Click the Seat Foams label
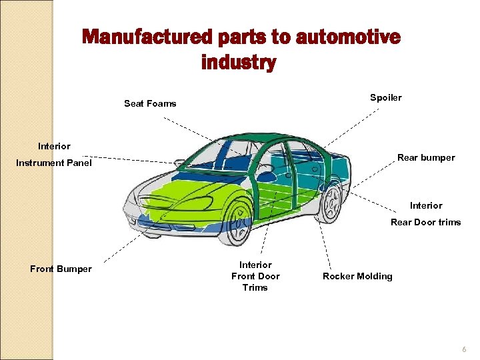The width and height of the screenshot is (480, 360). pyautogui.click(x=150, y=103)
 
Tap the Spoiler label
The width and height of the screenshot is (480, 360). pyautogui.click(x=386, y=98)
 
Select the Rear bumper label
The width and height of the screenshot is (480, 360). pyautogui.click(x=426, y=158)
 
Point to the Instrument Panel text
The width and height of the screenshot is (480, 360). pyautogui.click(x=54, y=163)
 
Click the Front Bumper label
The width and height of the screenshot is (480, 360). pyautogui.click(x=61, y=269)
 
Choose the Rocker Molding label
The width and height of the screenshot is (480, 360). pyautogui.click(x=357, y=276)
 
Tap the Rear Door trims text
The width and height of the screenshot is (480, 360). pyautogui.click(x=425, y=223)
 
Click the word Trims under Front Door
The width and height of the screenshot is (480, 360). pyautogui.click(x=255, y=288)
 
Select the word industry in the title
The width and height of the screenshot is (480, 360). pyautogui.click(x=238, y=63)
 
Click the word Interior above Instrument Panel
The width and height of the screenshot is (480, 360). pyautogui.click(x=54, y=146)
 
